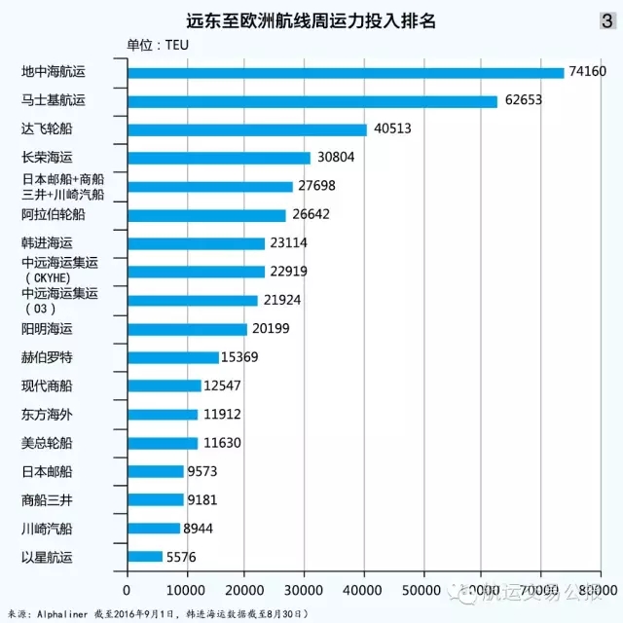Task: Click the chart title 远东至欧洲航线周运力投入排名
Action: (x=311, y=20)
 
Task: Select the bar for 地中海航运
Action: (x=346, y=73)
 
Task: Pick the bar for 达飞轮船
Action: (x=247, y=129)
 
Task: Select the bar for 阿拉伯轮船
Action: (x=206, y=215)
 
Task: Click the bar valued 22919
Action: (x=196, y=272)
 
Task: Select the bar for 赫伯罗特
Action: (x=173, y=357)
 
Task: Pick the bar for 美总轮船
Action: (x=162, y=443)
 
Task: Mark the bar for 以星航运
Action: (x=144, y=557)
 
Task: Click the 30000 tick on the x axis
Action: (x=305, y=591)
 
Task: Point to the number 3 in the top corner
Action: (x=607, y=19)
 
